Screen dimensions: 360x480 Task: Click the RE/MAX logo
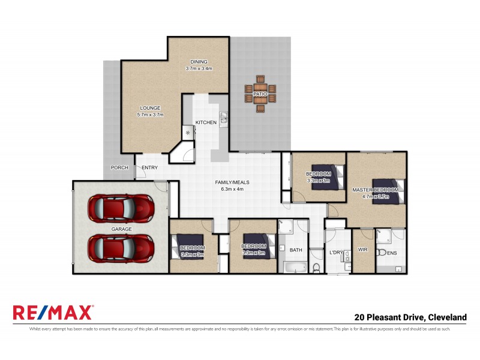[x=53, y=313]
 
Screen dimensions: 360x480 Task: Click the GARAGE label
[x=121, y=229]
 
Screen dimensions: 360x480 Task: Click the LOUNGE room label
[x=150, y=108]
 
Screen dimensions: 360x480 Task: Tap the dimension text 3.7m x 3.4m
[x=199, y=68]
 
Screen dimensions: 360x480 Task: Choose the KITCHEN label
[x=206, y=122]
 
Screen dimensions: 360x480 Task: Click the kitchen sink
[x=223, y=118]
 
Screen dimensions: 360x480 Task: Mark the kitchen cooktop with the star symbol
[x=187, y=132]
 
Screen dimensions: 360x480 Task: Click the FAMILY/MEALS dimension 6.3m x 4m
[x=232, y=189]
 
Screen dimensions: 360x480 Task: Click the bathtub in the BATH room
[x=294, y=266]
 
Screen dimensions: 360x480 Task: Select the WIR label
[x=362, y=250]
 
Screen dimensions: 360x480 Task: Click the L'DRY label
[x=335, y=253]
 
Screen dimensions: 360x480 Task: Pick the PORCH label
[x=119, y=167]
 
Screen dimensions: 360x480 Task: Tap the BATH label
[x=296, y=250]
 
